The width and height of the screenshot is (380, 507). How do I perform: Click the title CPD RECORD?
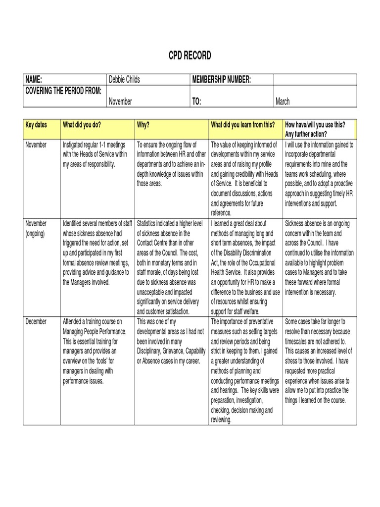tap(190, 56)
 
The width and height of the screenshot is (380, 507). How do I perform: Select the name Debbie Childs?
tap(124, 80)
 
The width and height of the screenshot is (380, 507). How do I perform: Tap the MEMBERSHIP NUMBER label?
tap(221, 80)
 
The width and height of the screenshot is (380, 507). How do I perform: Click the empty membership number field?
tap(315, 80)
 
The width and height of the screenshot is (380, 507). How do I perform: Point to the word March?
tap(283, 101)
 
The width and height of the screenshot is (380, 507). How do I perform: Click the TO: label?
tap(196, 101)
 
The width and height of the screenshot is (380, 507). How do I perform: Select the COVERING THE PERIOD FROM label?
tap(63, 90)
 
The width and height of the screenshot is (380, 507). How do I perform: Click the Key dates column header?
tap(36, 125)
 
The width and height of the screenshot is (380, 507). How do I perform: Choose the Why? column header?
tap(143, 125)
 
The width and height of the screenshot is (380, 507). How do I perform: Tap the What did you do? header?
tap(82, 125)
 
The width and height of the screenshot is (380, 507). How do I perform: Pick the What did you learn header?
tap(242, 125)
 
